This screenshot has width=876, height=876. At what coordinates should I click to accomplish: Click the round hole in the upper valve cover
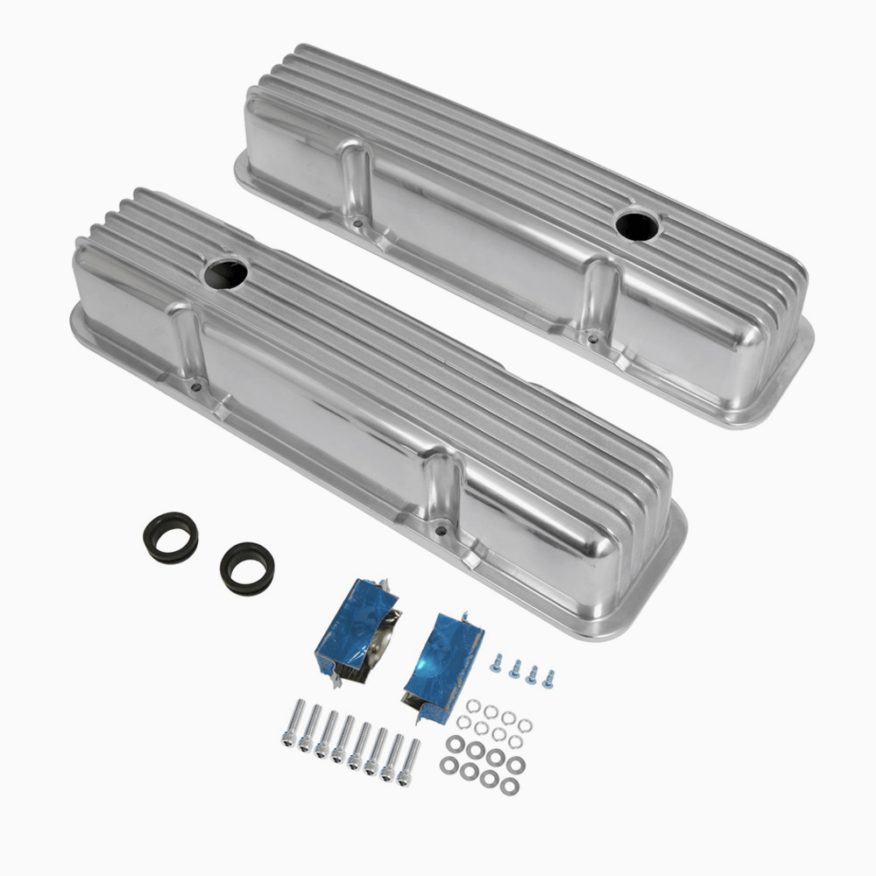click(x=636, y=225)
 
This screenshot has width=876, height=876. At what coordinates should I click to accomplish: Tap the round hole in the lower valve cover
click(x=226, y=274)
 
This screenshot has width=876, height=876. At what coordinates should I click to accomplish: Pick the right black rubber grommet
click(x=247, y=569)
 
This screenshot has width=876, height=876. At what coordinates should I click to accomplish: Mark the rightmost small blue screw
click(x=547, y=678)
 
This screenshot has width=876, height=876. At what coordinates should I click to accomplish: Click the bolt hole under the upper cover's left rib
click(x=359, y=224)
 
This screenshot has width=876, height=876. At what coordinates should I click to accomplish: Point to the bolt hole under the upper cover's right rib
click(x=592, y=336)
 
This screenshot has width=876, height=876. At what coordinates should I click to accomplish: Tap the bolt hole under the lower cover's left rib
click(x=194, y=385)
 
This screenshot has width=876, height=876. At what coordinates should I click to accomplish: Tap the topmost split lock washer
click(x=473, y=704)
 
